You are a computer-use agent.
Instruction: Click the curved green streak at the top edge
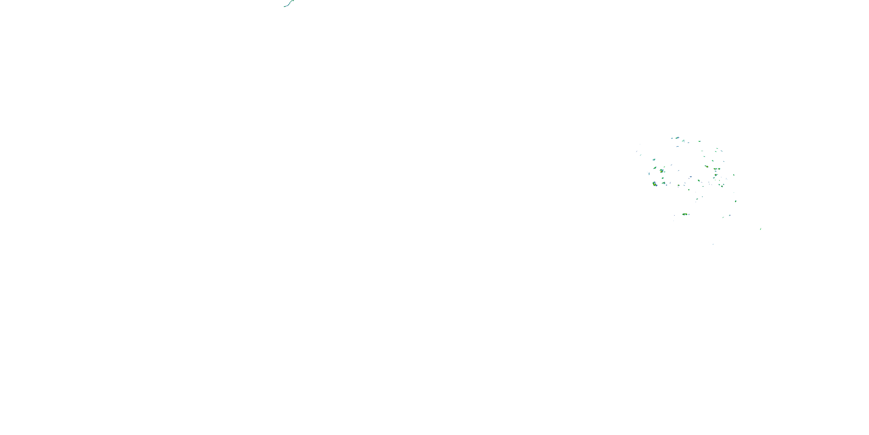tap(289, 3)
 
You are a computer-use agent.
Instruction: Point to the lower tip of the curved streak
tap(284, 6)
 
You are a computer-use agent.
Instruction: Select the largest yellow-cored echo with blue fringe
tap(655, 184)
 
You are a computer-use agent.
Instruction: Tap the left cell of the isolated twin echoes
tap(684, 214)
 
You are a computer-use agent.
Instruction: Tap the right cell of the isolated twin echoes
tap(688, 214)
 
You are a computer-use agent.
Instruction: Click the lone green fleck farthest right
tap(760, 229)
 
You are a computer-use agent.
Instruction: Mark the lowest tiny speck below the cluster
tap(713, 244)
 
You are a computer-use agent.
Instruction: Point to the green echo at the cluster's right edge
tap(735, 201)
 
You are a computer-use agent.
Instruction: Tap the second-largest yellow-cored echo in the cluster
tap(662, 171)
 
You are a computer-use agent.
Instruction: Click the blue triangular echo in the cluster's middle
tap(691, 177)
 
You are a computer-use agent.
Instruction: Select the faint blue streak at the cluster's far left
tap(637, 151)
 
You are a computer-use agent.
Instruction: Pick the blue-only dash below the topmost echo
tap(678, 147)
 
